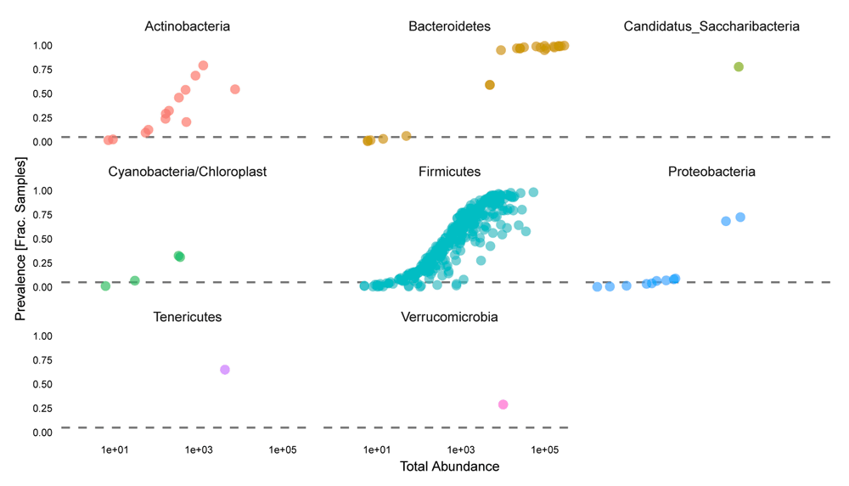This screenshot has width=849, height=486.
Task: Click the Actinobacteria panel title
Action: click(187, 26)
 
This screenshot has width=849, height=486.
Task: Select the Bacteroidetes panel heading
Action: click(449, 26)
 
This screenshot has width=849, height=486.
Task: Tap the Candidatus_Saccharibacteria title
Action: click(711, 26)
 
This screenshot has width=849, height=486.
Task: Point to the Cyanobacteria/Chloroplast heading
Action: click(187, 172)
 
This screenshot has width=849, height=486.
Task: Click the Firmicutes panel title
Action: click(449, 172)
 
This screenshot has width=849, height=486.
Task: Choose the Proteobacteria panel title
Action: click(711, 172)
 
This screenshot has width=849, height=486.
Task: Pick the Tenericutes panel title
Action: click(187, 317)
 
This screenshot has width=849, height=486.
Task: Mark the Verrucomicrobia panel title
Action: click(449, 317)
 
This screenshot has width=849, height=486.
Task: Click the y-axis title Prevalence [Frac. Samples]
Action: click(20, 239)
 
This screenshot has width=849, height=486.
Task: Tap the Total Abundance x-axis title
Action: click(449, 466)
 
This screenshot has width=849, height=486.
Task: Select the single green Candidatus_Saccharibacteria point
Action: click(739, 67)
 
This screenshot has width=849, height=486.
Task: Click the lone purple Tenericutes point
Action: click(225, 370)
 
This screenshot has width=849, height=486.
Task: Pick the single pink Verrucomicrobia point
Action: click(503, 404)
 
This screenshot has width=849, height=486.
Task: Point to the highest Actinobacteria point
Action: click(203, 65)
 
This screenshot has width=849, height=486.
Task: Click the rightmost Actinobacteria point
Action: click(235, 89)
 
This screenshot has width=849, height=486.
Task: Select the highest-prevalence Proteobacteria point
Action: click(740, 218)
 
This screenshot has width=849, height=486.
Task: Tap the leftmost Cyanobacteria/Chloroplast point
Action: click(105, 286)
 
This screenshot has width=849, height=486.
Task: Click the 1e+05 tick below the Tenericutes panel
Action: click(282, 449)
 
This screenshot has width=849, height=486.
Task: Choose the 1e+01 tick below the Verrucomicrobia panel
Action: click(377, 449)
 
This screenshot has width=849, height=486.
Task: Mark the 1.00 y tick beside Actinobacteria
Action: click(42, 45)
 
